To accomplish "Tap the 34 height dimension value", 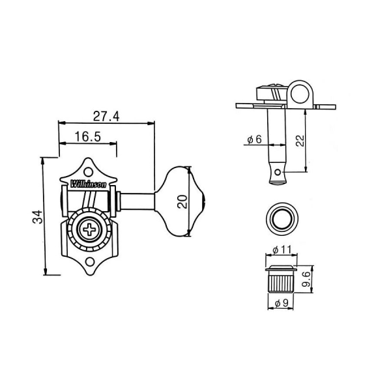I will pos(38,216).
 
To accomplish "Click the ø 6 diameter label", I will pos(253,139).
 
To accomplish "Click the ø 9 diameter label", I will pos(280,302).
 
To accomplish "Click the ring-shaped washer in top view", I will pos(281,218).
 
